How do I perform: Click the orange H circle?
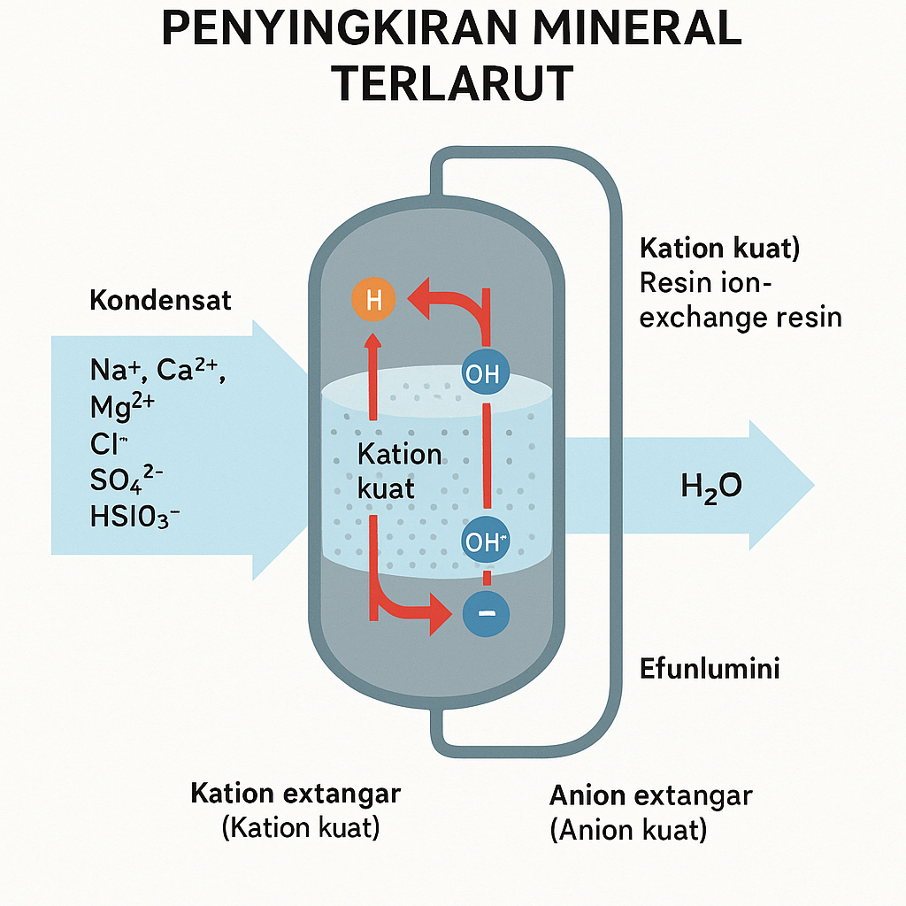(372, 300)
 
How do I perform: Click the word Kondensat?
(160, 300)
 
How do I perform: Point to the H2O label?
(711, 486)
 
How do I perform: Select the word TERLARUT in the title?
(455, 83)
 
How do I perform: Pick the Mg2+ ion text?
(122, 406)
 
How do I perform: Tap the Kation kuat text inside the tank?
(399, 471)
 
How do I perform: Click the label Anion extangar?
(650, 795)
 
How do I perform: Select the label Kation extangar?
(296, 793)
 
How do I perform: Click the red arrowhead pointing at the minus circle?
(438, 613)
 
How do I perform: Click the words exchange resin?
(740, 317)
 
